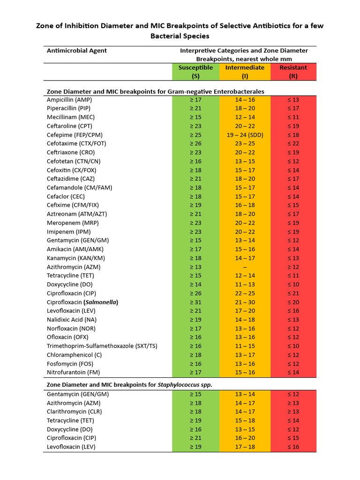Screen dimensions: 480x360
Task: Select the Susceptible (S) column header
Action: (195, 72)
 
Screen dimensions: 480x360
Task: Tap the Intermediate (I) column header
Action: (245, 72)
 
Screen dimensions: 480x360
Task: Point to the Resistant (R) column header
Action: (293, 72)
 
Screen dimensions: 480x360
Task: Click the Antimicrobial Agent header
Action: (77, 51)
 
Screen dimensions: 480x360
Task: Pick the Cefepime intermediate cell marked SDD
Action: (245, 135)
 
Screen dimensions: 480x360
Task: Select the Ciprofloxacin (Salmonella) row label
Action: (82, 302)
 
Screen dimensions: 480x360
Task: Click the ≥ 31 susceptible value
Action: (195, 302)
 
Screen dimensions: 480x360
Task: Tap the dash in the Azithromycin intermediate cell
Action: (245, 267)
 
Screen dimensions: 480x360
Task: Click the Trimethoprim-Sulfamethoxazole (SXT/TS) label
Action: (102, 346)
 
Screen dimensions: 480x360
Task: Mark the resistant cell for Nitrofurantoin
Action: (293, 372)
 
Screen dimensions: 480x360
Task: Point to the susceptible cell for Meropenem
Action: (195, 223)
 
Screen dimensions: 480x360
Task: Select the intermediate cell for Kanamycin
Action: (245, 258)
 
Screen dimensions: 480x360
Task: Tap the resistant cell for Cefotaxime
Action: (293, 143)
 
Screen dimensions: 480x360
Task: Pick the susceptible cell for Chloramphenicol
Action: (195, 355)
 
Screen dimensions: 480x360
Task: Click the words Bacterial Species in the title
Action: (180, 36)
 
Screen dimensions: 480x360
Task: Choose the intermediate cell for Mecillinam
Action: (245, 117)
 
